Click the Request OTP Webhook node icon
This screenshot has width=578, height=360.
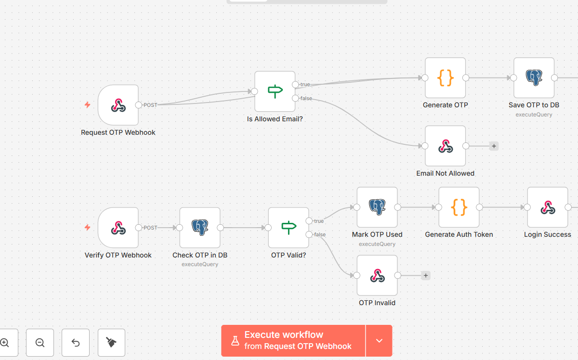click(118, 105)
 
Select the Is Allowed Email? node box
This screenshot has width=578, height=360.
click(275, 91)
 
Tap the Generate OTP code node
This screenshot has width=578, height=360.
click(445, 78)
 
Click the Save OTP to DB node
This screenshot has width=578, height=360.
click(534, 78)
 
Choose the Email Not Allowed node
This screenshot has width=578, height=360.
click(445, 146)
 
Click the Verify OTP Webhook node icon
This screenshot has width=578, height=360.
click(118, 228)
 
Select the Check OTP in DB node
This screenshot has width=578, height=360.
click(200, 228)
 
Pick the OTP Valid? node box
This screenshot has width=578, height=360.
click(289, 228)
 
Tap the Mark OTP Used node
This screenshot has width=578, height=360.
click(377, 207)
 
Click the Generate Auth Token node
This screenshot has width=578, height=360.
click(459, 207)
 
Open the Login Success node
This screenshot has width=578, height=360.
click(548, 207)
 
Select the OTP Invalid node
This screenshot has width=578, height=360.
click(377, 275)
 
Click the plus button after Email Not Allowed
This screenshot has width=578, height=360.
click(494, 146)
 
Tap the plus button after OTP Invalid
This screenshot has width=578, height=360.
click(426, 275)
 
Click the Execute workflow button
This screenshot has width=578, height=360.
click(293, 341)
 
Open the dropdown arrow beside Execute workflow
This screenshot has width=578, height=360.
click(379, 341)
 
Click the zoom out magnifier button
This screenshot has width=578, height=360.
click(40, 343)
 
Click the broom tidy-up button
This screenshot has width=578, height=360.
click(111, 343)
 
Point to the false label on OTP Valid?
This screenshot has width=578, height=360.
click(320, 234)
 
